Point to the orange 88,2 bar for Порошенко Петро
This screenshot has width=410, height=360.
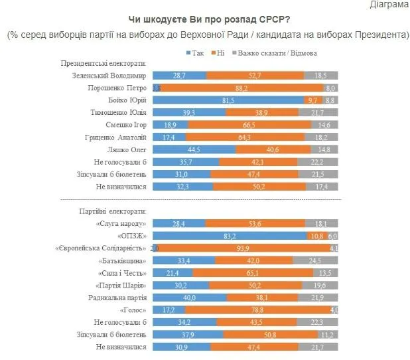point(242,88)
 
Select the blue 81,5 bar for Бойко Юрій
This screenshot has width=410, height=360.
point(229,100)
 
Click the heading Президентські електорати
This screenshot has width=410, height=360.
point(103,63)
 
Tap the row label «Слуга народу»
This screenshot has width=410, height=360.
point(122,223)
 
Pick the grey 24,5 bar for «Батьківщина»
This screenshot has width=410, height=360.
point(315,260)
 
